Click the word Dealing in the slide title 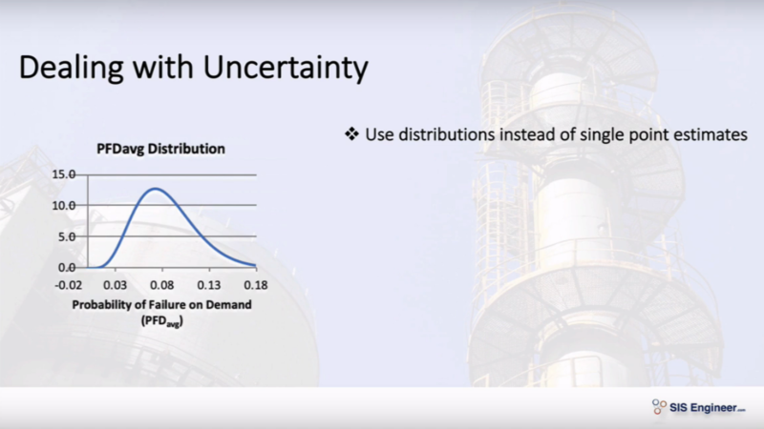coord(71,68)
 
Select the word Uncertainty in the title coord(286,68)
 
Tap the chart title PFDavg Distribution coord(160,149)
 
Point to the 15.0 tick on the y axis coord(64,174)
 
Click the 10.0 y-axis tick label coord(64,205)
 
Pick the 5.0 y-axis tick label coord(67,236)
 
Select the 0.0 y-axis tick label coord(67,268)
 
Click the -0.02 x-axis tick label coord(69,285)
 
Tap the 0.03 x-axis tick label coord(115,285)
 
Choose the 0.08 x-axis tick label coord(162,285)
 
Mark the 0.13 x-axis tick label coord(209,285)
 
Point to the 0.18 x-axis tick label coord(256,285)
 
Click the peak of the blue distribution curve coord(156,189)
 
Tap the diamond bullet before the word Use coord(351,133)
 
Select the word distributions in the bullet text coord(447,134)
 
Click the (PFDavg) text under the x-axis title coord(162,321)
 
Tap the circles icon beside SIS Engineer coord(659,407)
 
